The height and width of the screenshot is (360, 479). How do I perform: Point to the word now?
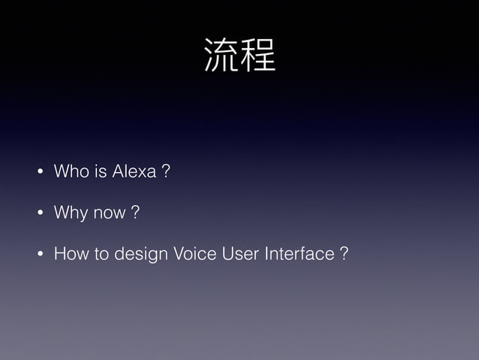tap(110, 214)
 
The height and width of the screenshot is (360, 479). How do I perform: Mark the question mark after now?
tap(135, 213)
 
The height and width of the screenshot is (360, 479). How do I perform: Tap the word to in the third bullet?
tap(102, 255)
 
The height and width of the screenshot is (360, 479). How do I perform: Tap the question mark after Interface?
tap(343, 255)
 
